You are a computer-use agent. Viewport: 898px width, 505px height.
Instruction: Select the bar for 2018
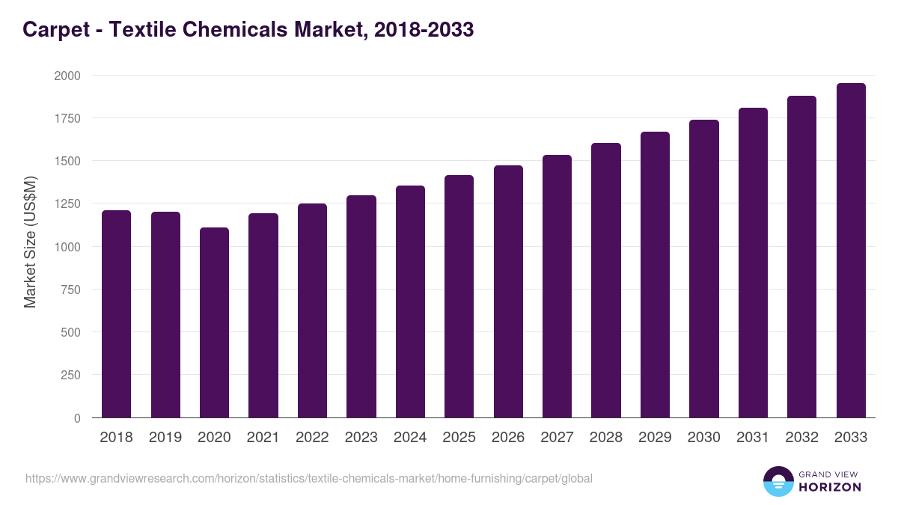coord(116,314)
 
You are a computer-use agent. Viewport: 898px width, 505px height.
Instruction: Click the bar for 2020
coord(214,322)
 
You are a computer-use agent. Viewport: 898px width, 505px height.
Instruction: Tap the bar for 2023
coord(361,307)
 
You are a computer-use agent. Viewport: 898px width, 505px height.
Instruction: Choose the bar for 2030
coord(703,269)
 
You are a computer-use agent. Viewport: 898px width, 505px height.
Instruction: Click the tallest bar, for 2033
coord(851,251)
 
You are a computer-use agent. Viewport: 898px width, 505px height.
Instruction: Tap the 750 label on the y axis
coord(70,290)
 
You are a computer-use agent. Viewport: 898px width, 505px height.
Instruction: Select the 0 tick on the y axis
coord(77,418)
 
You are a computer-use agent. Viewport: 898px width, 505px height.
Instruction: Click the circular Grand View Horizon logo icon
coord(778,481)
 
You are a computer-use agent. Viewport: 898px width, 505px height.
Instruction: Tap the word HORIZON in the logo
coord(830,487)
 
